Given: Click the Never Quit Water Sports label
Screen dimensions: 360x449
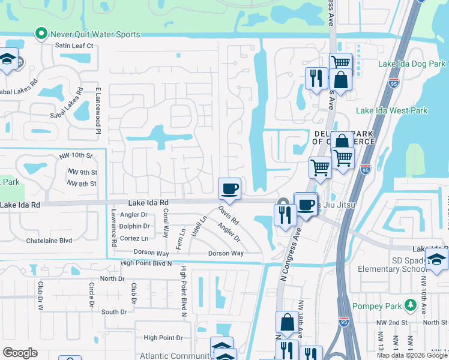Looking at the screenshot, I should [x=95, y=34].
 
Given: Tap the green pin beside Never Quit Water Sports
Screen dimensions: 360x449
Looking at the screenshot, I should [x=41, y=34].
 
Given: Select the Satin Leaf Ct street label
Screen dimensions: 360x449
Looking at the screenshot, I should [x=74, y=46].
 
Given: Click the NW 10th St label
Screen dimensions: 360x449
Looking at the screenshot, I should [x=76, y=156].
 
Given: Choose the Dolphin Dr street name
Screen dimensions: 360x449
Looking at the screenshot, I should [x=134, y=226].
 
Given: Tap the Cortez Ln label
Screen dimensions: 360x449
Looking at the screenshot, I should [x=134, y=238].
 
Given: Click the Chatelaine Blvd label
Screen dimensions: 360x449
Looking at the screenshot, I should [x=49, y=241].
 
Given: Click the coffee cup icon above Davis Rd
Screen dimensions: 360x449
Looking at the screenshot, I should [x=229, y=189].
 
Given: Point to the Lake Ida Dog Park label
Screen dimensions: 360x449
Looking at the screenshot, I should [x=412, y=64].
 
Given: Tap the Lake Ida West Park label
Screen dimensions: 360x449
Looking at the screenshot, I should [x=391, y=110].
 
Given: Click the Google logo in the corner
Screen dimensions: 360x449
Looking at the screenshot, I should [x=20, y=353].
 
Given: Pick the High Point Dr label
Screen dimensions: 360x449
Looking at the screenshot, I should [x=163, y=338].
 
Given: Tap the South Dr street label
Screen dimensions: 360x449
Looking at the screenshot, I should [x=114, y=311].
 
